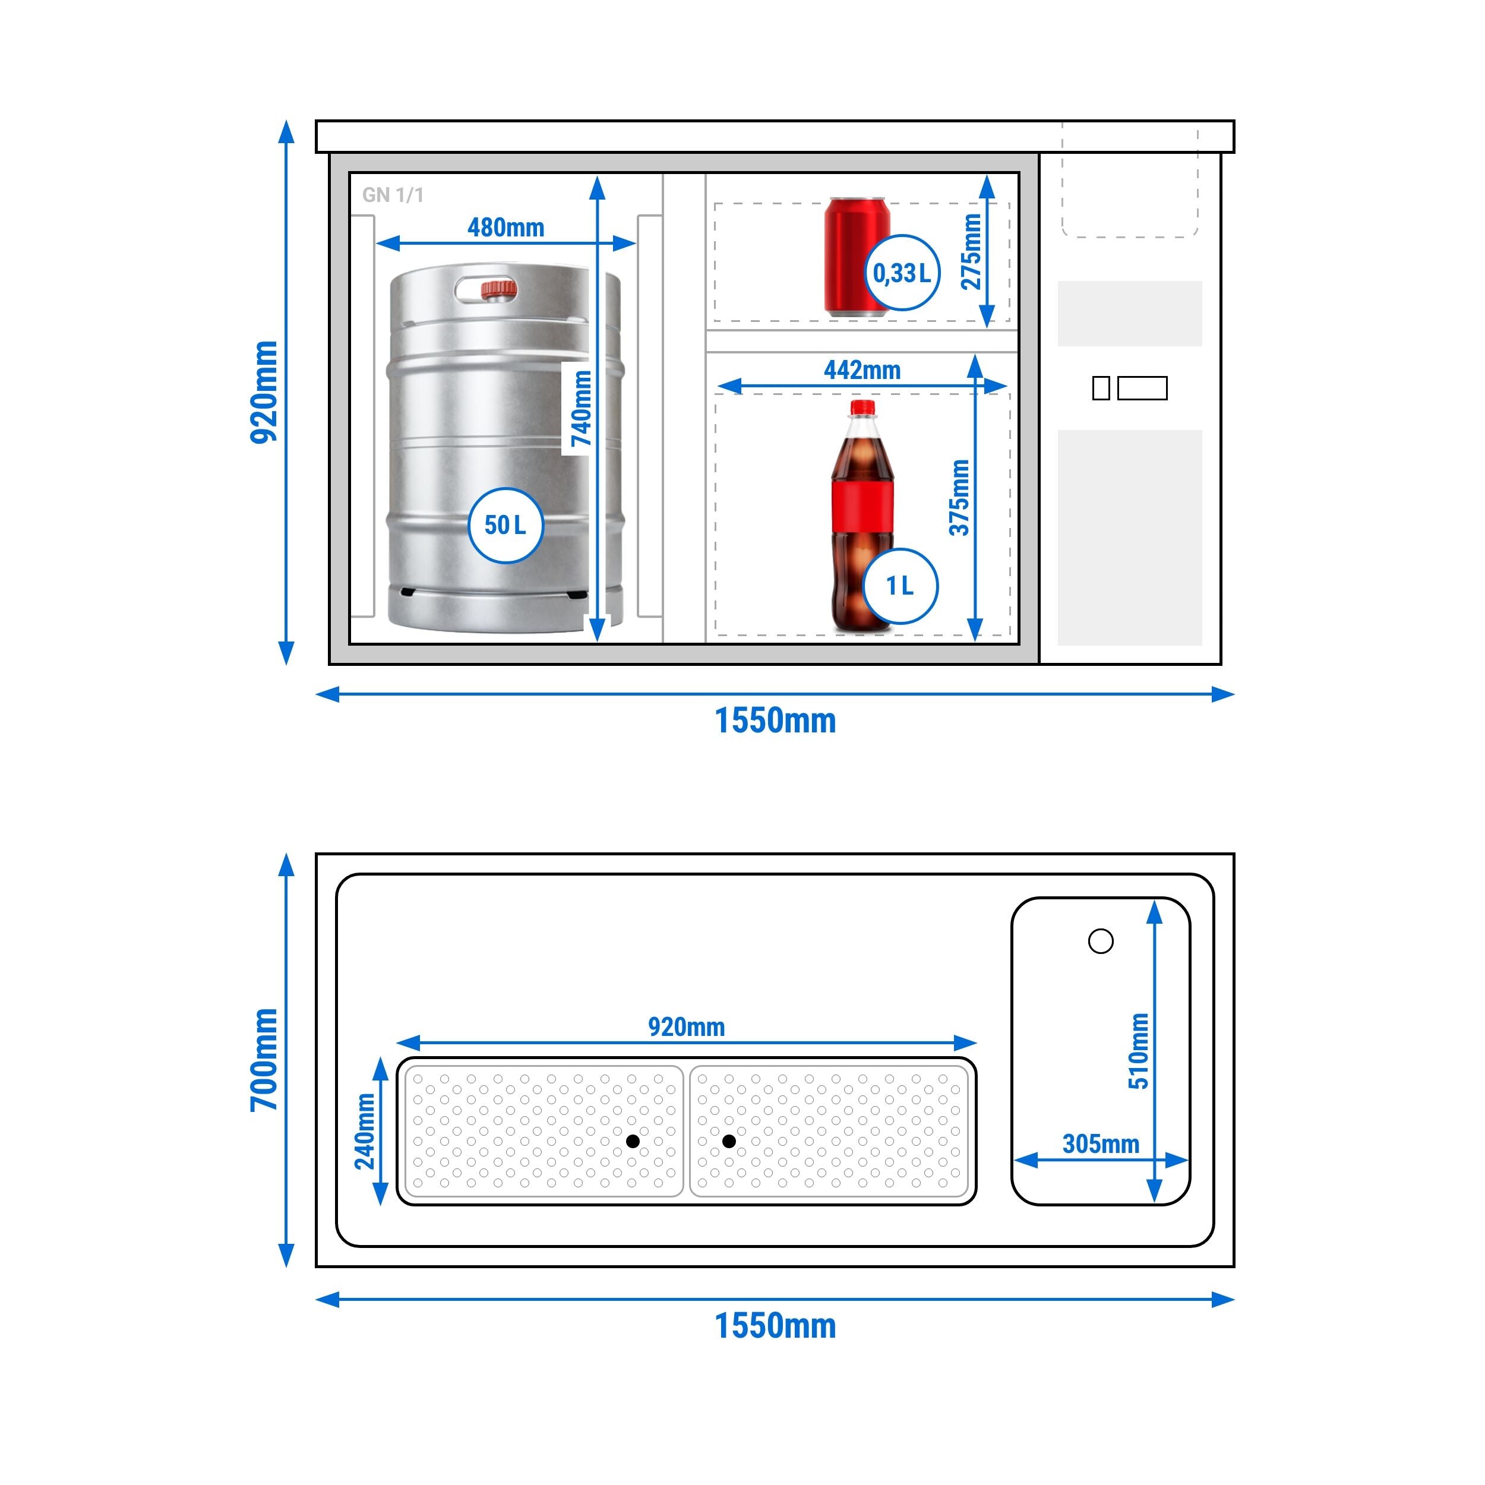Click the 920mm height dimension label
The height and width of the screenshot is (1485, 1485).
(x=264, y=392)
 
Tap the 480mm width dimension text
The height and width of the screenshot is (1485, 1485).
(x=505, y=228)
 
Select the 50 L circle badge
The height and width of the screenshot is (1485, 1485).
(x=505, y=525)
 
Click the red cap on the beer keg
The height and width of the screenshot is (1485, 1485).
(x=499, y=289)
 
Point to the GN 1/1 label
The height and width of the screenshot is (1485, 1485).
(x=393, y=195)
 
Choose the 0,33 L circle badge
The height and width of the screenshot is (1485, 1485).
(x=902, y=273)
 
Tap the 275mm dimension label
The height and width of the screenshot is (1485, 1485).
(x=972, y=251)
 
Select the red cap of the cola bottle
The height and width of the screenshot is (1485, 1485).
(x=862, y=407)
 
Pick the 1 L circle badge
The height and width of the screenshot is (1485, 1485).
(x=900, y=586)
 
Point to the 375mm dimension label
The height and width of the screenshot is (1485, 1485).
(x=959, y=497)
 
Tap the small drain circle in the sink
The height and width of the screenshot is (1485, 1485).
(x=1101, y=941)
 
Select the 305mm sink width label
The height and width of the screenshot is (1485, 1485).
(x=1101, y=1143)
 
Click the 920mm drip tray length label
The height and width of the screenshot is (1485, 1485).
(x=687, y=1027)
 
